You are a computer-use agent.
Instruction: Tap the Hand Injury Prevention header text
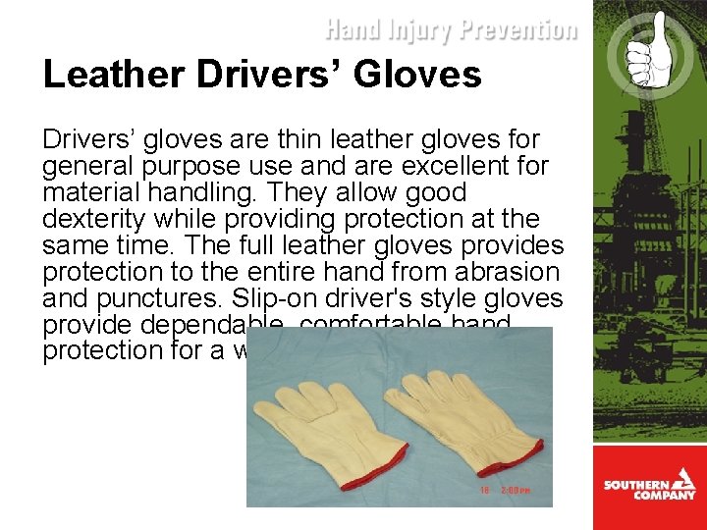click(x=451, y=30)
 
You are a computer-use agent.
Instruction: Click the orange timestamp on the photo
click(x=506, y=488)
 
